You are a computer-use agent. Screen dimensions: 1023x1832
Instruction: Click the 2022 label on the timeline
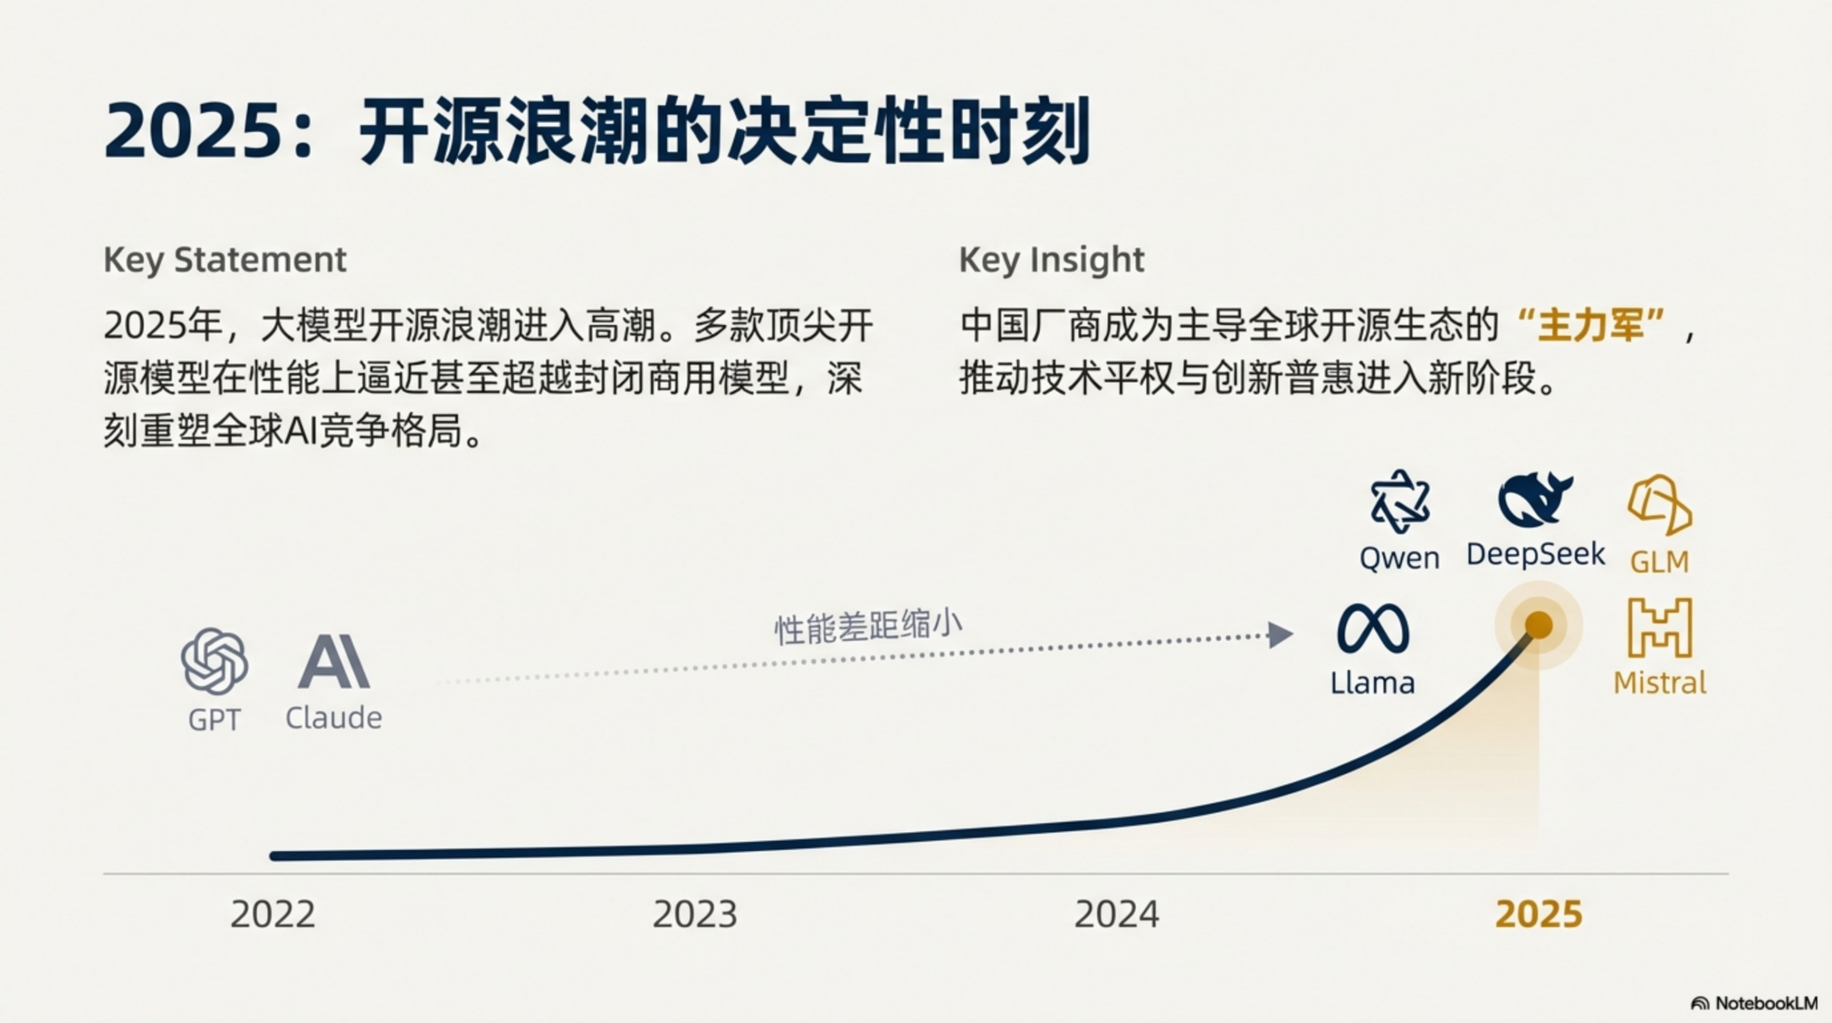(x=273, y=914)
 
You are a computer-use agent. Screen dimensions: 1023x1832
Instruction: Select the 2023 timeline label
(x=694, y=914)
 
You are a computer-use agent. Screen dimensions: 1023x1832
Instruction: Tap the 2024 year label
(x=1116, y=914)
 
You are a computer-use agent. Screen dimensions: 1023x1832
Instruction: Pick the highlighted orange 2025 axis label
(x=1539, y=914)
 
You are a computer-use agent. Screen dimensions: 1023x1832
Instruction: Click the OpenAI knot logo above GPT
(x=215, y=661)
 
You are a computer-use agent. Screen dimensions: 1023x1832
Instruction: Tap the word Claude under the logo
(x=333, y=717)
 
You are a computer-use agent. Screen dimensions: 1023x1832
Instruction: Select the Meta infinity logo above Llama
(x=1373, y=628)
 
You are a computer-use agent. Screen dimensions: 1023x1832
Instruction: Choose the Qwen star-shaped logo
(x=1400, y=502)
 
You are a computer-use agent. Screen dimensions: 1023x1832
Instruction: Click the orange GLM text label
(x=1660, y=562)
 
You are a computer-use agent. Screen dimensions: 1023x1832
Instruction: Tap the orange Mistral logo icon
(x=1660, y=627)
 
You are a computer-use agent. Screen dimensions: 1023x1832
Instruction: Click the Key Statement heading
(x=225, y=259)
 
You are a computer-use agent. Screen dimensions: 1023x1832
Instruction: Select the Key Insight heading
(x=1051, y=259)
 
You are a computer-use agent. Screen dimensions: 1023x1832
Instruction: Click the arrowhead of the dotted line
(x=1280, y=634)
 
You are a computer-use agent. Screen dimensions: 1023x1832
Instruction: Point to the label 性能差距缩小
(x=868, y=627)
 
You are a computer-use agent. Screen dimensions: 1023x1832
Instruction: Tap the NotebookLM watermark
(x=1754, y=1003)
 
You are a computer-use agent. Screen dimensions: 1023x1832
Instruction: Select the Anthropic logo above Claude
(x=333, y=661)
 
